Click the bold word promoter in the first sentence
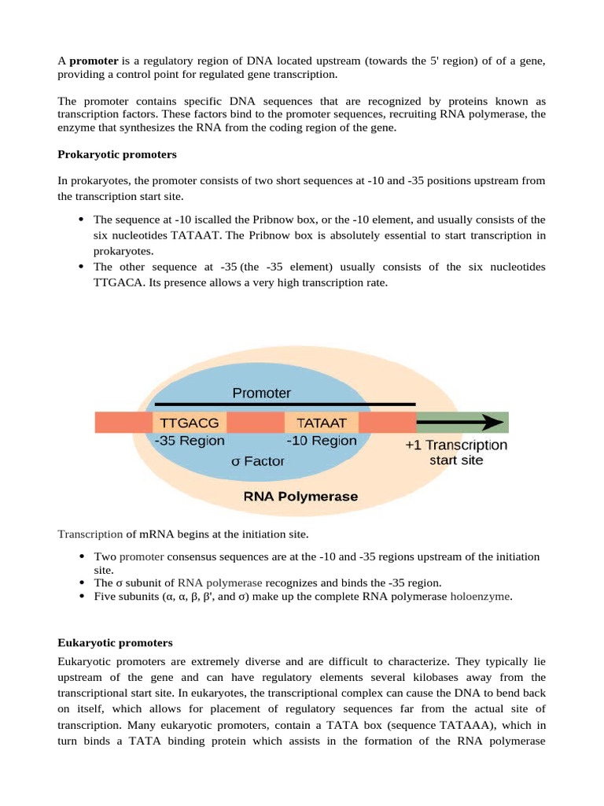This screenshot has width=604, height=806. coord(94,61)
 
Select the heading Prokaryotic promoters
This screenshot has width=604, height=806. coord(117,154)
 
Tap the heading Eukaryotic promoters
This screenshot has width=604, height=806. coord(115,643)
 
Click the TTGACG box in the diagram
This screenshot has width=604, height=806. coord(190,422)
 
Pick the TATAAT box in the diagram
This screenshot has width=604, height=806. coord(321,422)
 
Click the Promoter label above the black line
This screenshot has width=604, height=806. coord(261,393)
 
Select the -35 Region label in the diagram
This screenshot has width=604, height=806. coord(190,441)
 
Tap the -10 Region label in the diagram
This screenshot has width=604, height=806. coord(321,441)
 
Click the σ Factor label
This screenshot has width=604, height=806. coord(257,461)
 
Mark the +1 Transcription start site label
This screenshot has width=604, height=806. coord(456,452)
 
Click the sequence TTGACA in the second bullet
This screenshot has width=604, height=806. coord(116,282)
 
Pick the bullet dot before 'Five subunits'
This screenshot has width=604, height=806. coord(83,597)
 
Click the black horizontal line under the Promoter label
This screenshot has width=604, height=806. coord(285,405)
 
